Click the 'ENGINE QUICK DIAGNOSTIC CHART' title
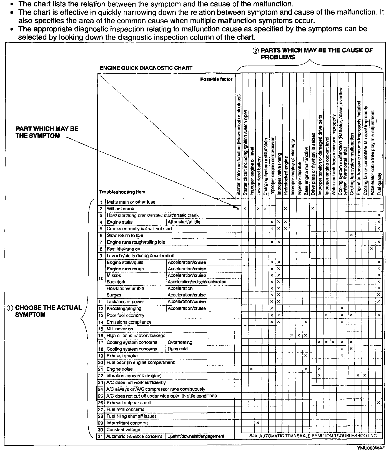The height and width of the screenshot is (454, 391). [x=146, y=68]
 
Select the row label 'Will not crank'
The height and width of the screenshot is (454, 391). [x=120, y=209]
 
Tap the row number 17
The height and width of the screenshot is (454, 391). [x=101, y=342]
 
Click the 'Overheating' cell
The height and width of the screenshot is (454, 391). [x=180, y=342]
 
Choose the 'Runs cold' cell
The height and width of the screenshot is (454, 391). [x=177, y=349]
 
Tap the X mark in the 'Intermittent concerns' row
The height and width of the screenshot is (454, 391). [x=258, y=423]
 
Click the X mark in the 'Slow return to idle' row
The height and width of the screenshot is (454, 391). [x=351, y=235]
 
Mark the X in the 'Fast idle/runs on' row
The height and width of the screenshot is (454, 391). [x=372, y=249]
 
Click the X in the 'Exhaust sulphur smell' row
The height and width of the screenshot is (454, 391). [x=379, y=403]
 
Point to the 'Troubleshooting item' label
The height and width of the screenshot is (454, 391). [x=122, y=192]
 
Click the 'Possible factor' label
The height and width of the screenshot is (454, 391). [x=216, y=79]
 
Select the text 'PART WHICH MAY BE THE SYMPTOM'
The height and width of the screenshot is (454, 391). [x=47, y=132]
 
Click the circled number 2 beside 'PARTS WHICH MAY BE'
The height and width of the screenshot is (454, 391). [x=255, y=51]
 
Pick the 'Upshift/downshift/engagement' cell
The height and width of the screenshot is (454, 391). [x=195, y=436]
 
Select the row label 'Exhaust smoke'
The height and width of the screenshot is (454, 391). [x=122, y=356]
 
